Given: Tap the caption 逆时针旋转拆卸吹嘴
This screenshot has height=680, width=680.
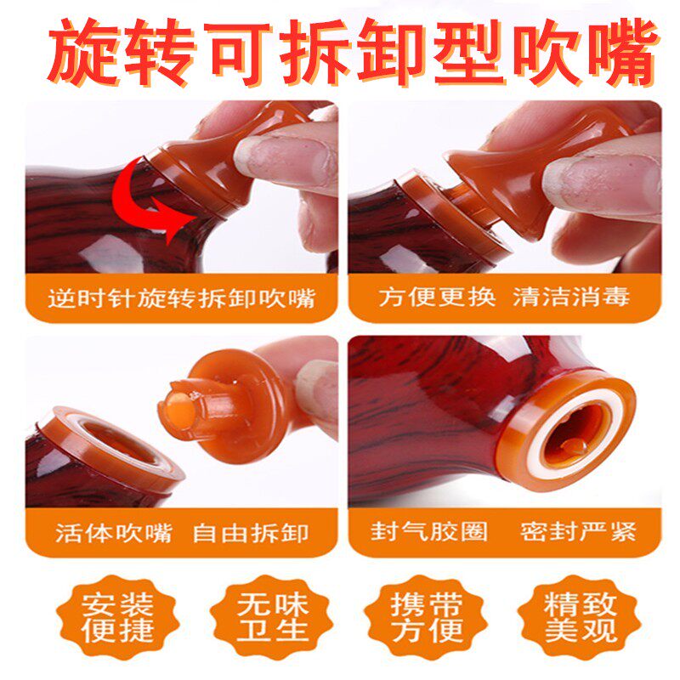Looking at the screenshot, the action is [181, 298].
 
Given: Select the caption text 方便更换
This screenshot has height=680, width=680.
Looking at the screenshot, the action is [437, 297].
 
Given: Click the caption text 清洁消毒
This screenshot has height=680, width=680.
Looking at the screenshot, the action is [571, 297].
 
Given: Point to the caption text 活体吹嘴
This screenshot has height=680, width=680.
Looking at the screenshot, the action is [114, 533].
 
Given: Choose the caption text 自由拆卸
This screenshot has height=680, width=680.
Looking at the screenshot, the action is [251, 533].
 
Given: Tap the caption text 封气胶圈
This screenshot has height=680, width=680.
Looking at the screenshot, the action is [429, 532].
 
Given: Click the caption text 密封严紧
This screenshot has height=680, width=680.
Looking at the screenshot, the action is [578, 532].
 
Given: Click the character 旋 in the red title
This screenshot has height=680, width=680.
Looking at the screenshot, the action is [83, 51].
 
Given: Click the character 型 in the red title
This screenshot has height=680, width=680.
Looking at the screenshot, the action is [469, 51].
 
